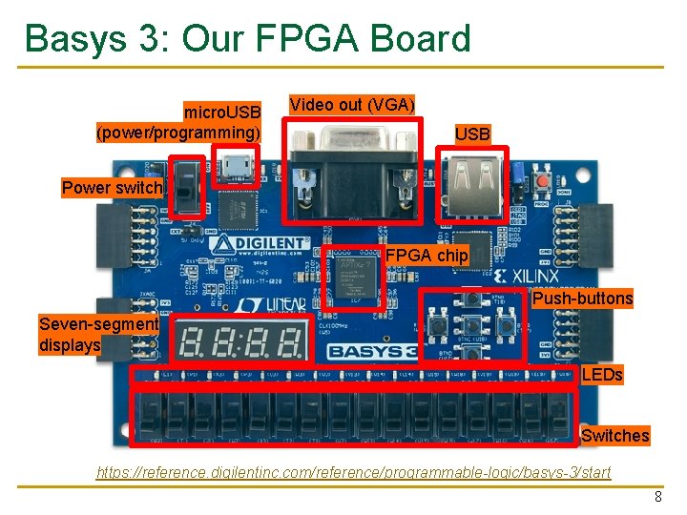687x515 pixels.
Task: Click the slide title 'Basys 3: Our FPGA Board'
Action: [248, 39]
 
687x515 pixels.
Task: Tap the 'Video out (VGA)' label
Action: [352, 104]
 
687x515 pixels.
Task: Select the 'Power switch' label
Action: [113, 188]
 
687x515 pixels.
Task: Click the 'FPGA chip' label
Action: [427, 256]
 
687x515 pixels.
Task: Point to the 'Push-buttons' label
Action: [582, 299]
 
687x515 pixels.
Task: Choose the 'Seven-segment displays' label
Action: [98, 334]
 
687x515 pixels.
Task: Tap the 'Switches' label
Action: [614, 436]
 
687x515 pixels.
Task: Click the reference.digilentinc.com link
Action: [354, 473]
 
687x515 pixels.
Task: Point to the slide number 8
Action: [657, 497]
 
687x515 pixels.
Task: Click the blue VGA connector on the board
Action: [355, 175]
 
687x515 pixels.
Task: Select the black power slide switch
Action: [188, 186]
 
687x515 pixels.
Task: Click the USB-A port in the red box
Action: [472, 182]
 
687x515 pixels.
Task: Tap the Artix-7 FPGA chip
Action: [352, 277]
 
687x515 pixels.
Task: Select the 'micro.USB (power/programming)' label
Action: [178, 122]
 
